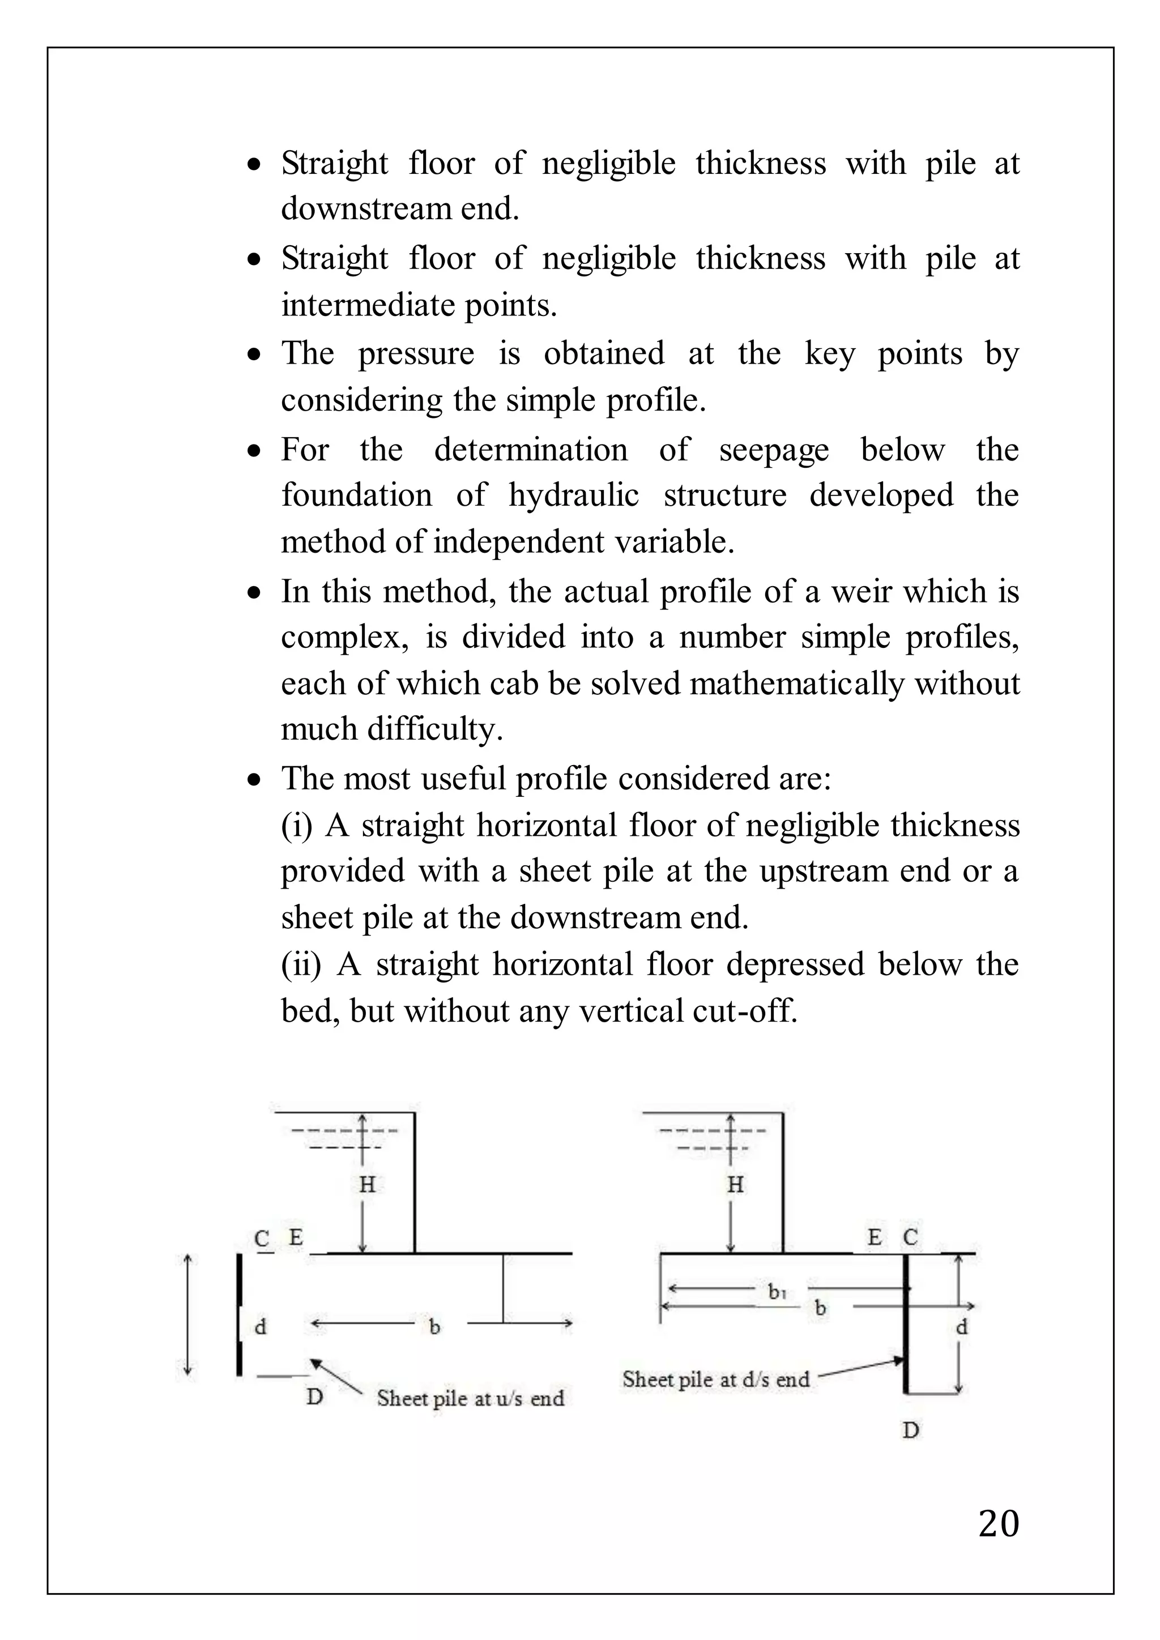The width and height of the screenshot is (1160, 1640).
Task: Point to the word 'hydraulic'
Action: [574, 496]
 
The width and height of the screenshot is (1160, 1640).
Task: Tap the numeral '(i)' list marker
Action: [297, 826]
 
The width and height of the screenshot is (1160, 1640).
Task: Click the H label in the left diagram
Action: [367, 1185]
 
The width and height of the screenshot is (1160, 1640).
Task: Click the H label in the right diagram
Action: [735, 1185]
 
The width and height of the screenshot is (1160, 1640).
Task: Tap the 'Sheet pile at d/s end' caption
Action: [716, 1380]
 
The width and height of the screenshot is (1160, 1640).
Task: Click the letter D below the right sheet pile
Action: [910, 1430]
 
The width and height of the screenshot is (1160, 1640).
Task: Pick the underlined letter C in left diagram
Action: [262, 1238]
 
